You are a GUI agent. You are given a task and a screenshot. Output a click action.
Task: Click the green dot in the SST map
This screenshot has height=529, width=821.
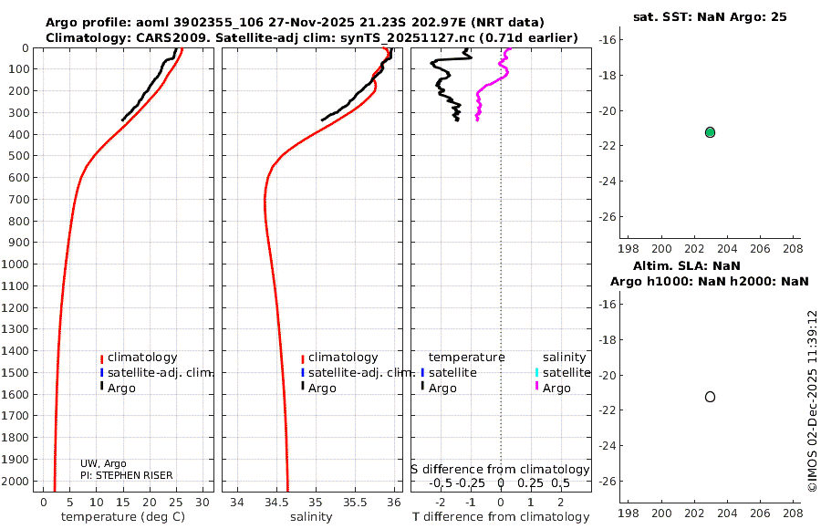tap(710, 132)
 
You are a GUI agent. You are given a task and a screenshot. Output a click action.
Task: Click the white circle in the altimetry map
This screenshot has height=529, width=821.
tap(710, 397)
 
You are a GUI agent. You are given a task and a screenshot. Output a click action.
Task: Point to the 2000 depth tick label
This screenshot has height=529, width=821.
tap(16, 481)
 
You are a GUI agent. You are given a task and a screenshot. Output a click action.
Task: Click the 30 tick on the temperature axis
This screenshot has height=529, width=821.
tap(203, 502)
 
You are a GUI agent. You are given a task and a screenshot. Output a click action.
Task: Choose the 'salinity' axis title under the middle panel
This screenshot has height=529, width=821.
tap(310, 517)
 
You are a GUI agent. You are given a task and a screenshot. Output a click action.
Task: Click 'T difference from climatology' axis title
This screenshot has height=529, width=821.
tap(500, 517)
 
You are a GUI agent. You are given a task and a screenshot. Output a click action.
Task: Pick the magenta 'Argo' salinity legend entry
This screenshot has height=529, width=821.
tap(556, 389)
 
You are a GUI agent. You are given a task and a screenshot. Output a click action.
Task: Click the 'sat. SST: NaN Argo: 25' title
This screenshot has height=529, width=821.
tap(710, 16)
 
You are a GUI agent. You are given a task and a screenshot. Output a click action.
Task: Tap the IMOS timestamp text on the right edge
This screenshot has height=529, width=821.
tap(812, 401)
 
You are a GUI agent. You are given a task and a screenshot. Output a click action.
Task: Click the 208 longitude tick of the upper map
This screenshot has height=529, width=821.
tap(793, 248)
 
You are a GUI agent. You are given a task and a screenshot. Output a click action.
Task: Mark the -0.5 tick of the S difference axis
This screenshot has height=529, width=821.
tap(441, 482)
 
